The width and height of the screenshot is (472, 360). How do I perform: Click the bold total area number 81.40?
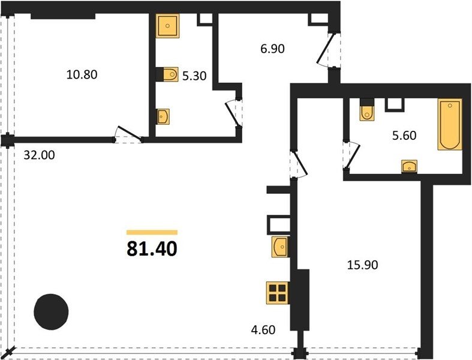[152, 250]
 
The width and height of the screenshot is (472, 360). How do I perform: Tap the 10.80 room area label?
[82, 75]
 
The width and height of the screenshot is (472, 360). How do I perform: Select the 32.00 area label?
[40, 155]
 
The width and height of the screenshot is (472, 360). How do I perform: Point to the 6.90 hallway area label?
[272, 49]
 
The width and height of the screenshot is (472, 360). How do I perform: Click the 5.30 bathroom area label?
[194, 76]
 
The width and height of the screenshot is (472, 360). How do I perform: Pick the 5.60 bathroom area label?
[404, 136]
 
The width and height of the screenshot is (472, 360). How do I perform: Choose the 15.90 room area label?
[362, 265]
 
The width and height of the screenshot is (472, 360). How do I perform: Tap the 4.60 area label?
[263, 330]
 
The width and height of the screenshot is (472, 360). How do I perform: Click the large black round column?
[51, 311]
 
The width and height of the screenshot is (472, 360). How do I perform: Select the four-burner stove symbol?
[278, 293]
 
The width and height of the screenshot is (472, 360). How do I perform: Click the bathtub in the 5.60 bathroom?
[450, 124]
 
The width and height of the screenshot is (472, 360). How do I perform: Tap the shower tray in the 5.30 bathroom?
[168, 26]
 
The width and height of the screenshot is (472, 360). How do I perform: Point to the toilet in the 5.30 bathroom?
[170, 74]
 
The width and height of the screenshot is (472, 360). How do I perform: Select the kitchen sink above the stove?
[280, 247]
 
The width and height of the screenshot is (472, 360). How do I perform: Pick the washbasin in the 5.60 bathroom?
[409, 166]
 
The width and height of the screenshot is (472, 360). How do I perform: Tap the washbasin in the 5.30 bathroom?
[163, 116]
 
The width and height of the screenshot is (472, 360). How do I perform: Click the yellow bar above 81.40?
[152, 232]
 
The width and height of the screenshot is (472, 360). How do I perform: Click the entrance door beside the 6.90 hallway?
[329, 50]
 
